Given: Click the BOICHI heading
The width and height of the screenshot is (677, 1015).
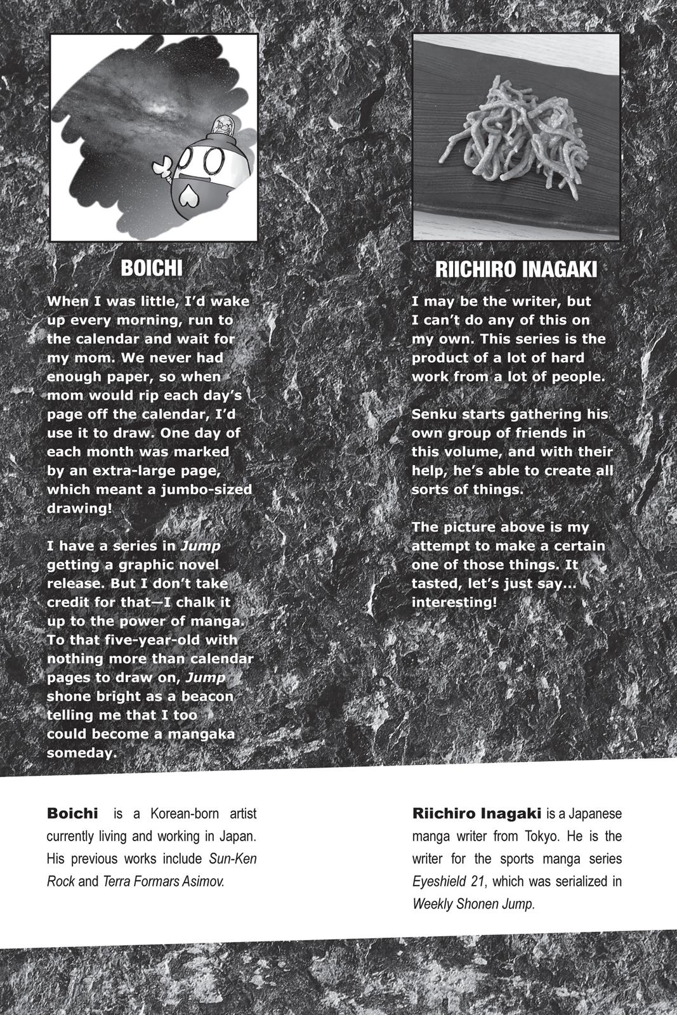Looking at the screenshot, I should pos(152,268).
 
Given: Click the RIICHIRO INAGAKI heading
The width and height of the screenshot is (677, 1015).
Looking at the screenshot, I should pos(516,269).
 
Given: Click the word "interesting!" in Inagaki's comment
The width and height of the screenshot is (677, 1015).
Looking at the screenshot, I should pos(454,602).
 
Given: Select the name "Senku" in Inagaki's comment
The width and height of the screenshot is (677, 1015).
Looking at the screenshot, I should pos(434,414).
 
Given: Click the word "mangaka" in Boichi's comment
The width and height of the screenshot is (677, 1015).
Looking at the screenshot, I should pos(202,734).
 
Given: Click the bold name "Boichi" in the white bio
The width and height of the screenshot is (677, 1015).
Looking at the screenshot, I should pos(72,813).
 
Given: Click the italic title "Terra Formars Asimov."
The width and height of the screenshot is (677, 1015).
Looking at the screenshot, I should pos(163,881).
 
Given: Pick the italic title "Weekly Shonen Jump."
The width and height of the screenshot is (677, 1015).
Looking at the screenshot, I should pos(473,903).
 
